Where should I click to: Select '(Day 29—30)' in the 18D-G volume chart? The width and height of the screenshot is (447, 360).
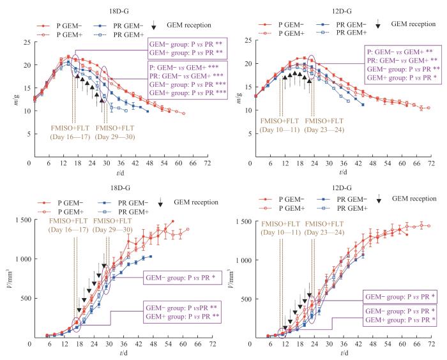point(114,229)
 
